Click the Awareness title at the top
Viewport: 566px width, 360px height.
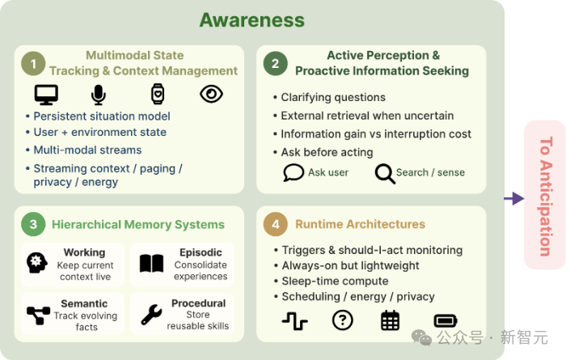pyautogui.click(x=252, y=20)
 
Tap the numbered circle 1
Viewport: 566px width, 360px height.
pyautogui.click(x=33, y=64)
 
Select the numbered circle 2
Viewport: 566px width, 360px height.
pyautogui.click(x=276, y=64)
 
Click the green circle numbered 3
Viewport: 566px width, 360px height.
pyautogui.click(x=33, y=224)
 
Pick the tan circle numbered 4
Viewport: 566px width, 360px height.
pyautogui.click(x=276, y=224)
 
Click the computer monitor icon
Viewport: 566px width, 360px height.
pyautogui.click(x=46, y=95)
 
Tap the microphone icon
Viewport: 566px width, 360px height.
pyautogui.click(x=98, y=95)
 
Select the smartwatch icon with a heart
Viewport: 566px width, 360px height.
pyautogui.click(x=158, y=94)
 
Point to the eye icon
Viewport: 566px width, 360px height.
pyautogui.click(x=211, y=94)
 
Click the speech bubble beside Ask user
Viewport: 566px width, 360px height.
pyautogui.click(x=294, y=172)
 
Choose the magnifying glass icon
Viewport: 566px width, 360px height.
pyautogui.click(x=385, y=174)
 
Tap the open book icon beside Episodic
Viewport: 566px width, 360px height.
pyautogui.click(x=152, y=263)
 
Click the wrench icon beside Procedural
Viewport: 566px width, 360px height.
pyautogui.click(x=151, y=315)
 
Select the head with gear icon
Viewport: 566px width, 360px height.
pyautogui.click(x=37, y=262)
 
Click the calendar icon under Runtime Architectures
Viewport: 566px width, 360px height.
pyautogui.click(x=391, y=320)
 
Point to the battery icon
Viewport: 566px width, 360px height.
pyautogui.click(x=446, y=320)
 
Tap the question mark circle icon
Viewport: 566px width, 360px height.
pyautogui.click(x=343, y=320)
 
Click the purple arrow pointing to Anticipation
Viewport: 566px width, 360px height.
pyautogui.click(x=514, y=198)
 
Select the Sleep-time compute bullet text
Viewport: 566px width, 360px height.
pyautogui.click(x=335, y=281)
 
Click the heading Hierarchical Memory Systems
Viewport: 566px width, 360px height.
pyautogui.click(x=138, y=225)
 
